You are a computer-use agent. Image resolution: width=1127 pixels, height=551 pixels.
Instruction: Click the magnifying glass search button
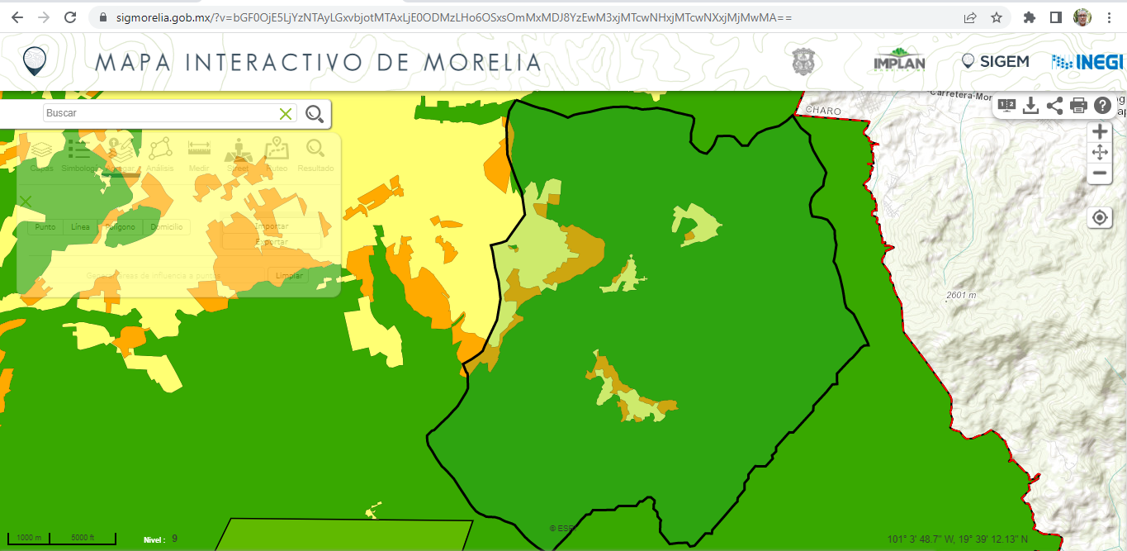(315, 114)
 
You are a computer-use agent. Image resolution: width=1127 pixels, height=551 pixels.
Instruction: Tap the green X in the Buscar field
(286, 113)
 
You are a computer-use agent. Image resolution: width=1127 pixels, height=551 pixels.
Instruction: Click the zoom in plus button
(1099, 132)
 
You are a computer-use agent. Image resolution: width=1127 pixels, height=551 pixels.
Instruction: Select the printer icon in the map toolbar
(1078, 106)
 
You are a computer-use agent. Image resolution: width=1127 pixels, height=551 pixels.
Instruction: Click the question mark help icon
(1102, 106)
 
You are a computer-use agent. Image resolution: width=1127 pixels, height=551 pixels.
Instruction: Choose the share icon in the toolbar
(1054, 106)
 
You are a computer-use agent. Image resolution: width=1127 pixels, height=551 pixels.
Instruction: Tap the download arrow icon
(1030, 106)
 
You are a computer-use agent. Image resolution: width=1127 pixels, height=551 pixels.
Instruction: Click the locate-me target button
(1099, 218)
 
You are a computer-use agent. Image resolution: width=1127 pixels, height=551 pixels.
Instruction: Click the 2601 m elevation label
(961, 295)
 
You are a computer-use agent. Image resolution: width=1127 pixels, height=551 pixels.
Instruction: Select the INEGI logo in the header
(1087, 62)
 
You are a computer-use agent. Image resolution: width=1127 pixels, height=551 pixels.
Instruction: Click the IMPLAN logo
(899, 62)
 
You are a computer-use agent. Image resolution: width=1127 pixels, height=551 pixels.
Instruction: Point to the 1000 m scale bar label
(29, 539)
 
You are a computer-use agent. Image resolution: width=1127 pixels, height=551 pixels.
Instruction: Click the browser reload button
(70, 17)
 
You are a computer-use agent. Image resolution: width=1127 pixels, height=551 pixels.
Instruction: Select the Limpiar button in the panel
(288, 275)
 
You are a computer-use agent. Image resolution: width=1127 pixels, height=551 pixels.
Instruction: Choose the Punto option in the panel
(45, 226)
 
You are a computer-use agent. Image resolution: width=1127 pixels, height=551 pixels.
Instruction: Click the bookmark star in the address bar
(997, 17)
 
